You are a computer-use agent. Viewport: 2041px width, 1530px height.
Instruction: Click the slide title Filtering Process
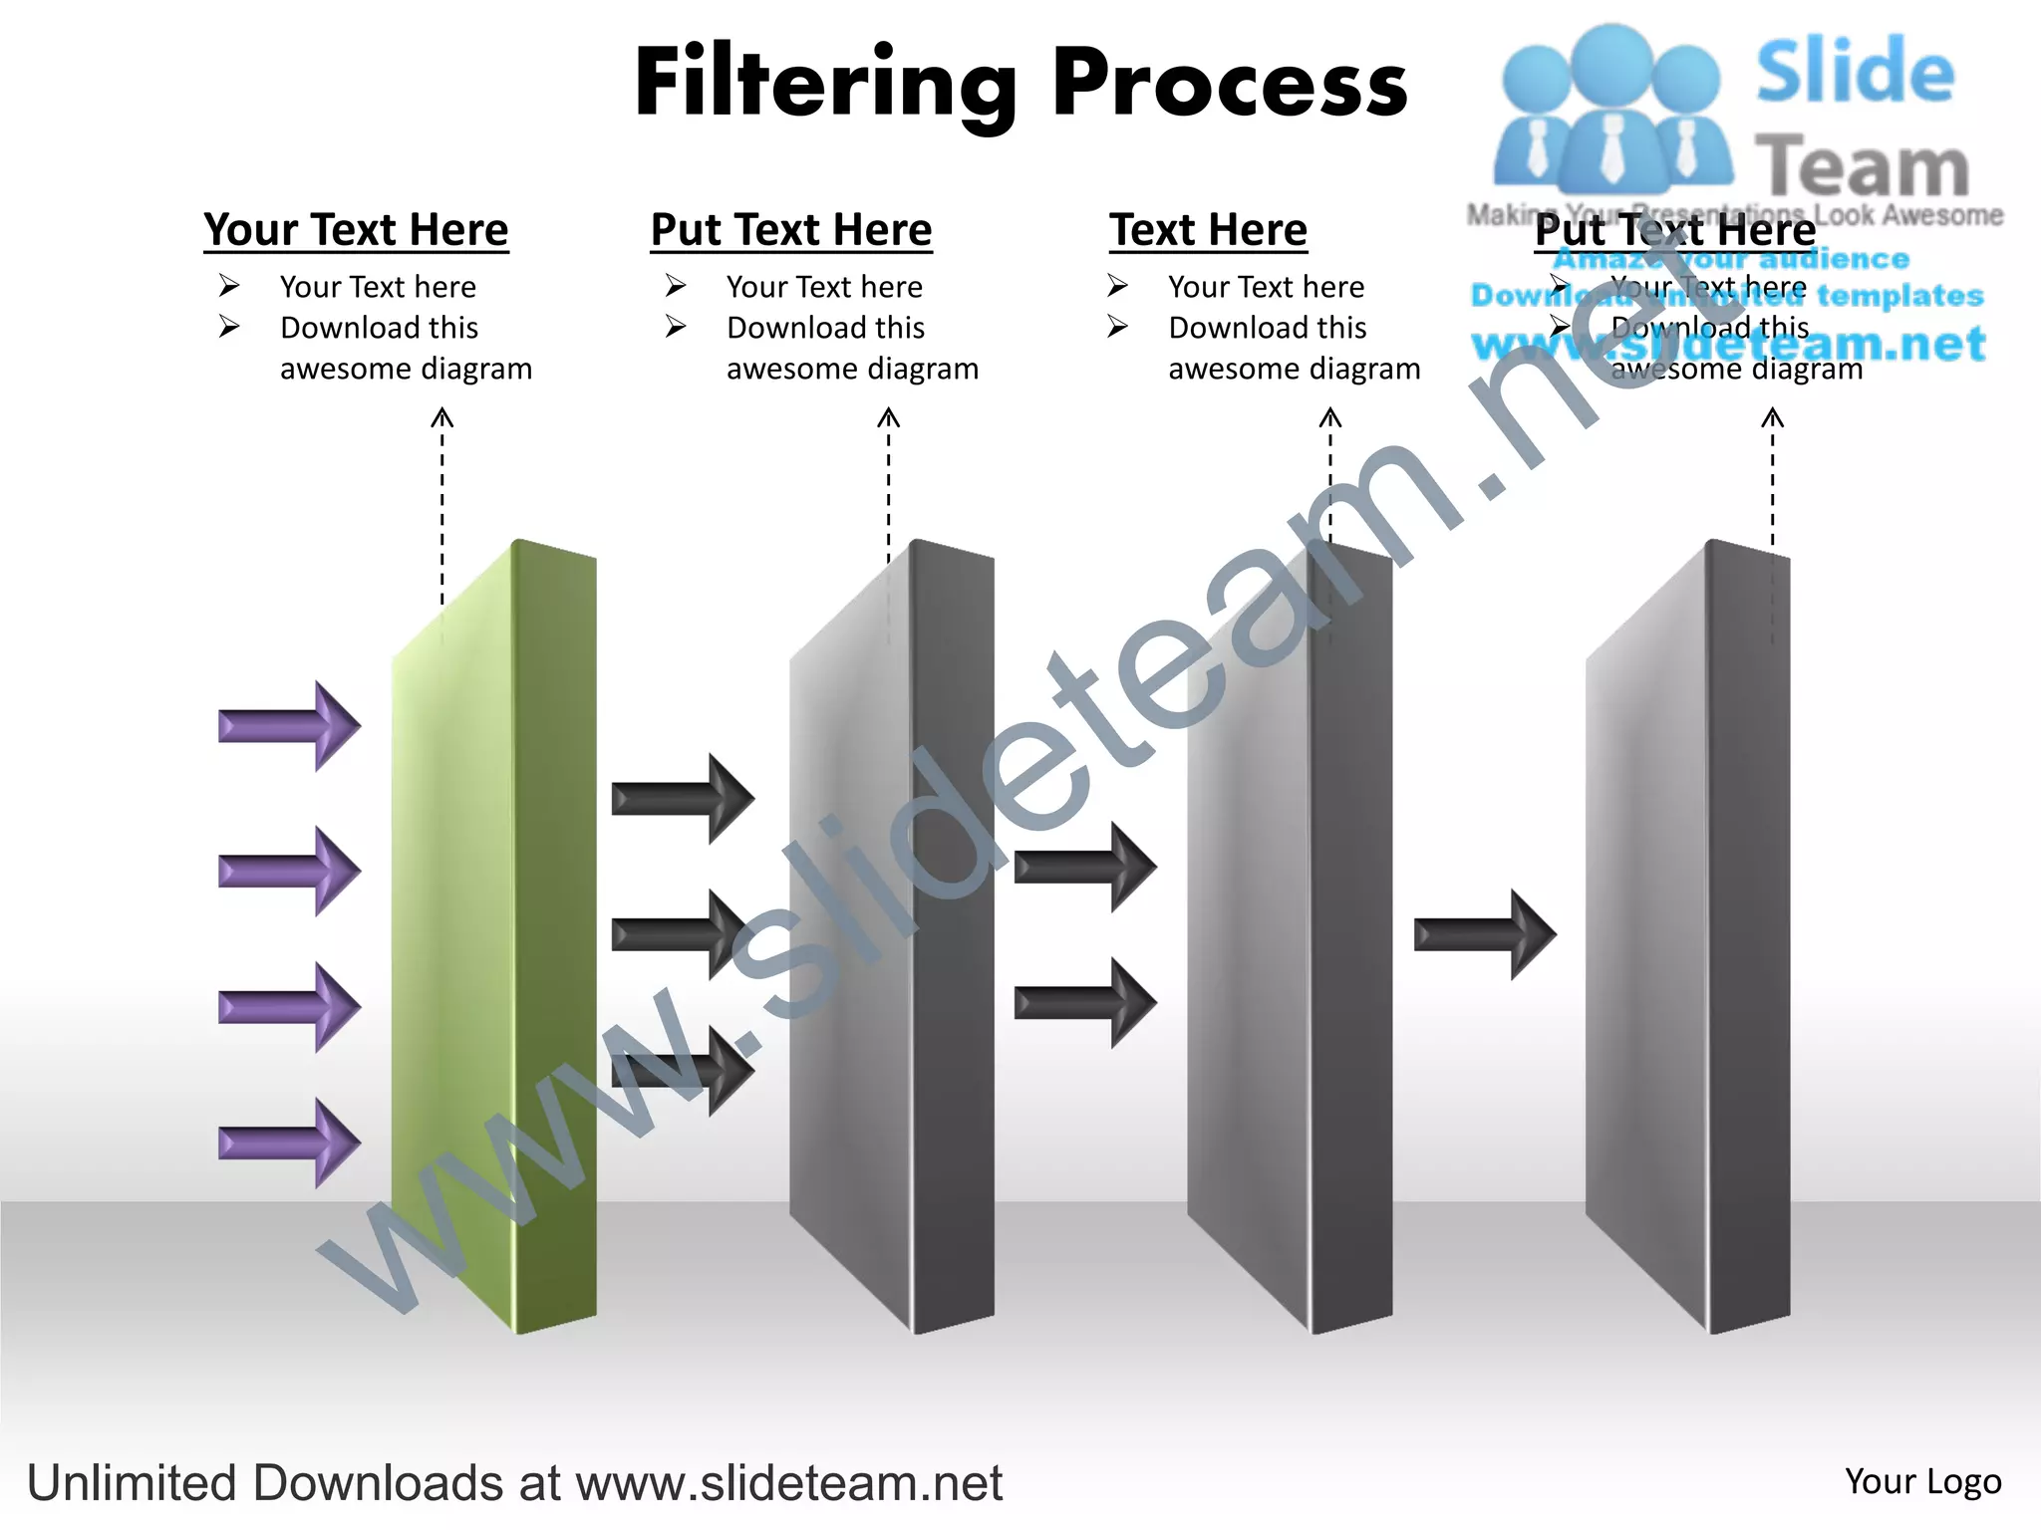coord(1020,84)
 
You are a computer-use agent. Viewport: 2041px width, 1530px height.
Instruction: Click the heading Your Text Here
coord(356,230)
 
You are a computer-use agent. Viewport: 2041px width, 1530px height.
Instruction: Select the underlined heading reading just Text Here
coord(1208,230)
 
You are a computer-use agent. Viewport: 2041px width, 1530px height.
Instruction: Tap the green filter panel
coord(498,936)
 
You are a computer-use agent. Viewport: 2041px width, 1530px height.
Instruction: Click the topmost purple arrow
coord(289,725)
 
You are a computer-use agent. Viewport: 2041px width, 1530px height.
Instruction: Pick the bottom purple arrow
coord(289,1143)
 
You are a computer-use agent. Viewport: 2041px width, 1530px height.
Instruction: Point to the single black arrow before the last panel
coord(1485,934)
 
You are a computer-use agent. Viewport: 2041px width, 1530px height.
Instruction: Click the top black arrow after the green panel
coord(683,798)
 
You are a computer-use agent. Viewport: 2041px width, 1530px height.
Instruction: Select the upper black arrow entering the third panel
coord(1085,866)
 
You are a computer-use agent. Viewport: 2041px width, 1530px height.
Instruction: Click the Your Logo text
coord(1922,1481)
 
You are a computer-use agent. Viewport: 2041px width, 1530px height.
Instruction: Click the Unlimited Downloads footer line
coord(514,1483)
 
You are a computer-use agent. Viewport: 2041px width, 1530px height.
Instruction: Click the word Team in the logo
coord(1862,167)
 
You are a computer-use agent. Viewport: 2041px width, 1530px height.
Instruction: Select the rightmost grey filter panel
coord(1694,936)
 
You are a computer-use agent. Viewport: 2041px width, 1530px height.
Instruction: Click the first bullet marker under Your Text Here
coord(229,287)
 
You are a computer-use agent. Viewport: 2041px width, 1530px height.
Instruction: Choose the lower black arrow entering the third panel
coord(1085,1002)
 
